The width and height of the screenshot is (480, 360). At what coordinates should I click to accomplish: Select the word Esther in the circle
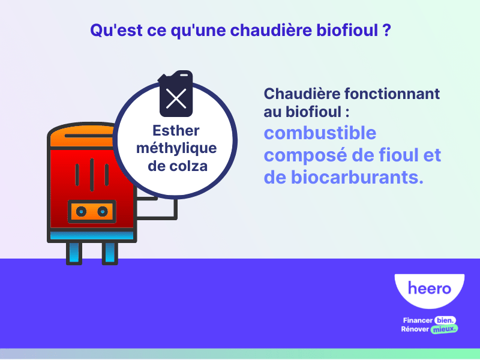[176, 130]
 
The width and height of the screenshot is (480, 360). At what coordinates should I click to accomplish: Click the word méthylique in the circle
[176, 148]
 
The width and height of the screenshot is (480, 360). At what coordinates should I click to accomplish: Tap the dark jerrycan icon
[176, 93]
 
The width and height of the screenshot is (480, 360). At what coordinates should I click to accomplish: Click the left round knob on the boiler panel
[80, 211]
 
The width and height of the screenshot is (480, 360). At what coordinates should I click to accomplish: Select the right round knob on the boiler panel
[103, 211]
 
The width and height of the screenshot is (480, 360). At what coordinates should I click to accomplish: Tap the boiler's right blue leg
[110, 252]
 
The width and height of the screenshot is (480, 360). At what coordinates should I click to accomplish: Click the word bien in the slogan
[445, 320]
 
